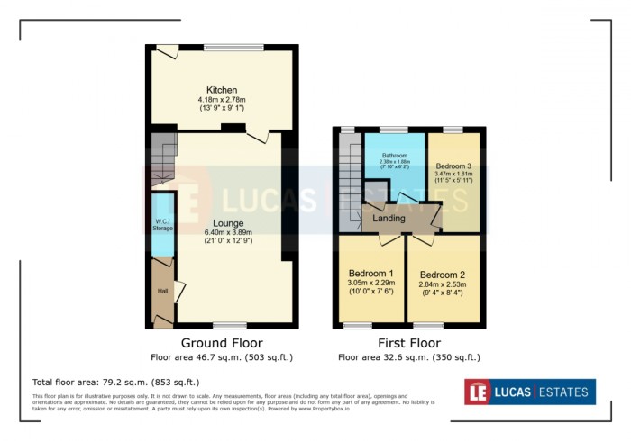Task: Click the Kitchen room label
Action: (x=222, y=90)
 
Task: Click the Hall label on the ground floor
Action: (x=162, y=291)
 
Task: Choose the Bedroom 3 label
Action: (x=453, y=166)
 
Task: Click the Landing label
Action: (x=390, y=217)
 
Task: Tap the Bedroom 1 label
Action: (x=370, y=273)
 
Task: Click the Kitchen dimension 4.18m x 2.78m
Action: (x=222, y=99)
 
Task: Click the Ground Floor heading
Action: (x=222, y=343)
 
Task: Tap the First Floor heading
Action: (x=410, y=343)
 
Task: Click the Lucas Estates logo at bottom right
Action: (x=529, y=391)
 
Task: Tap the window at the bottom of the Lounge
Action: (x=230, y=324)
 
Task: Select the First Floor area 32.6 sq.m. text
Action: (x=410, y=357)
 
